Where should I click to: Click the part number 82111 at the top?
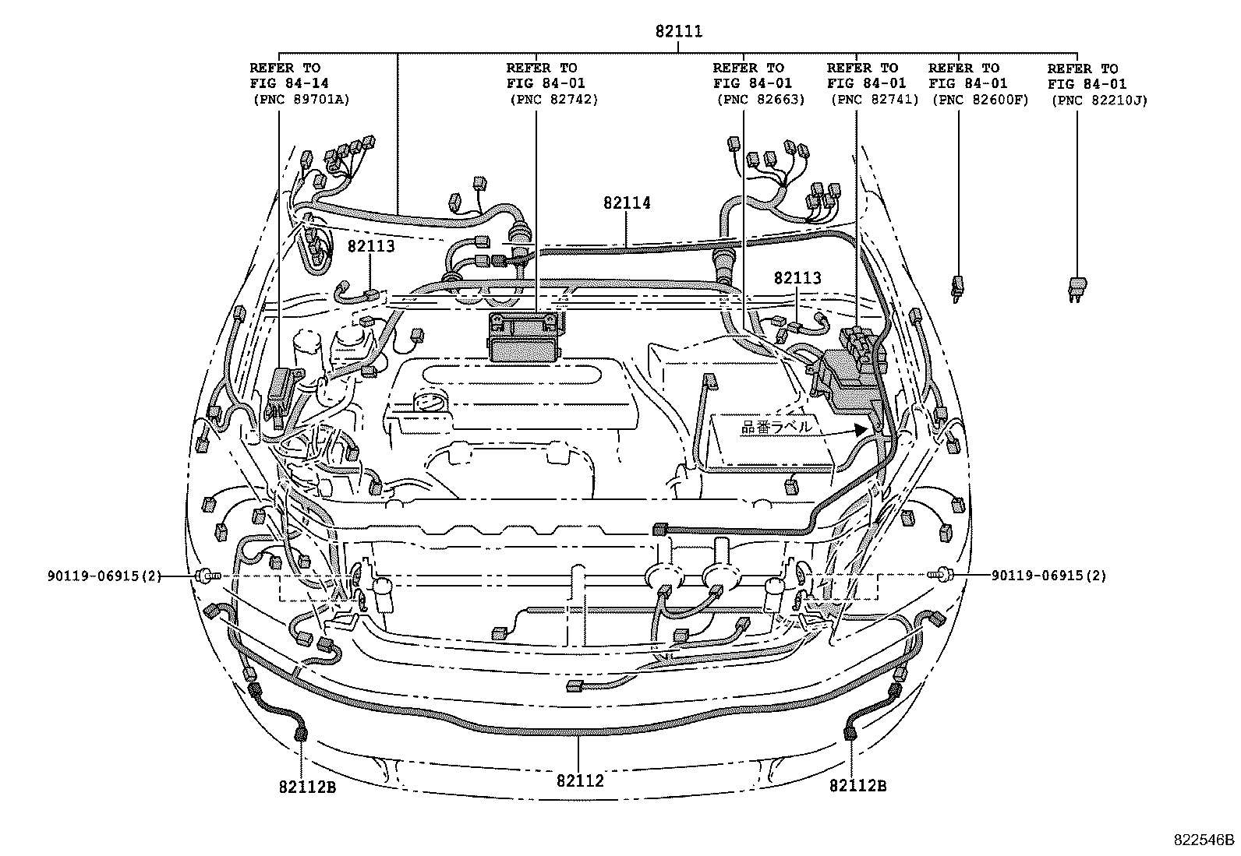[678, 32]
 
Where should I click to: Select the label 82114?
[626, 203]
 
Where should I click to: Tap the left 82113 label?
[371, 246]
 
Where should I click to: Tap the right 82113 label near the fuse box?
[797, 278]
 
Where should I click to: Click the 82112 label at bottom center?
[580, 780]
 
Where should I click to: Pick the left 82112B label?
[307, 786]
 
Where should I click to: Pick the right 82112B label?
[857, 786]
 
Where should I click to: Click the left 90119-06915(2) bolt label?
[104, 576]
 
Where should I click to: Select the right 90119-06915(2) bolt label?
[1048, 576]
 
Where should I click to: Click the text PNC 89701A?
[302, 100]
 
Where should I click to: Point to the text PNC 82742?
[554, 100]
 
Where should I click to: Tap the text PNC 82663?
[761, 100]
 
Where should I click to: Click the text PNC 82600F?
[980, 100]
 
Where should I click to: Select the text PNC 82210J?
[1099, 100]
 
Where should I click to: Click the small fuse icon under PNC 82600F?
[957, 287]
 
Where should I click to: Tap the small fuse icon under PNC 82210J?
[1079, 287]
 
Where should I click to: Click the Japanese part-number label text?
[776, 427]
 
